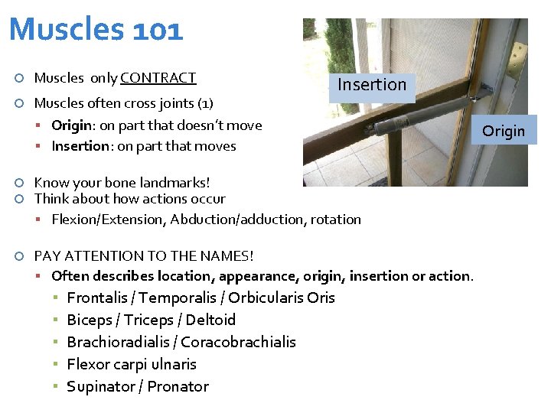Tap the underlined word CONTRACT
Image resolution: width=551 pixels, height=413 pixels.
pyautogui.click(x=158, y=78)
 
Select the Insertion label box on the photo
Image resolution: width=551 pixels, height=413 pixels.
pyautogui.click(x=373, y=85)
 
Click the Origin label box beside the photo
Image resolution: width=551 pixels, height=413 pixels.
pyautogui.click(x=504, y=131)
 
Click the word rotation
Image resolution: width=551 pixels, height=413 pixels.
pyautogui.click(x=335, y=220)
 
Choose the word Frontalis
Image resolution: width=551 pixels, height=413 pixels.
pyautogui.click(x=96, y=298)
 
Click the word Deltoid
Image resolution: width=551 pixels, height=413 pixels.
pyautogui.click(x=210, y=320)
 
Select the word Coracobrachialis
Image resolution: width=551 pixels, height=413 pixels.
pyautogui.click(x=238, y=343)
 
